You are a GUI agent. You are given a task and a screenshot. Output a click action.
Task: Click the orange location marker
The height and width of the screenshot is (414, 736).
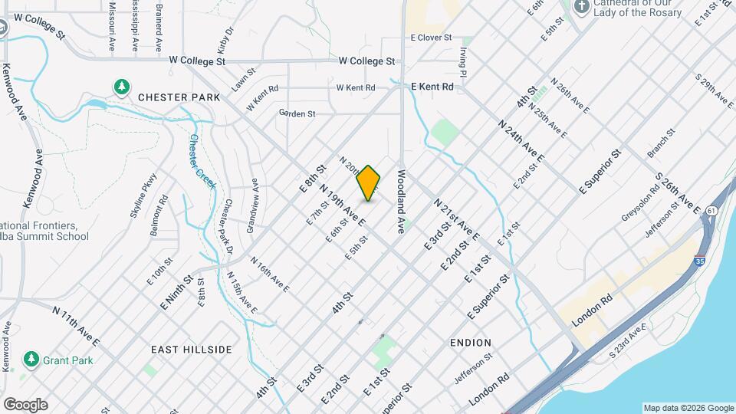369,183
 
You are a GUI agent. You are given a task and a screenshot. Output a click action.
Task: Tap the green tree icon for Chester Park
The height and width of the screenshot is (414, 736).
121,87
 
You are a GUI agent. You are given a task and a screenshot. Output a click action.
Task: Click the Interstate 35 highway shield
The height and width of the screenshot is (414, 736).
700,261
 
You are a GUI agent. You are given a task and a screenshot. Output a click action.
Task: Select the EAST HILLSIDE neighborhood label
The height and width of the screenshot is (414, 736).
191,350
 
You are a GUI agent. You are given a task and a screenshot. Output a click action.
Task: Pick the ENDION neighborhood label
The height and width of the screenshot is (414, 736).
471,342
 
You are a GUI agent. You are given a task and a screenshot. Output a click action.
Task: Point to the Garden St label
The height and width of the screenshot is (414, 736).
297,113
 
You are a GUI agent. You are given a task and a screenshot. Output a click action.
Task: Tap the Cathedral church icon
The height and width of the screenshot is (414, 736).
583,8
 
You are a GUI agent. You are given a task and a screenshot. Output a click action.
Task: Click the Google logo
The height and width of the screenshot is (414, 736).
25,404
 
